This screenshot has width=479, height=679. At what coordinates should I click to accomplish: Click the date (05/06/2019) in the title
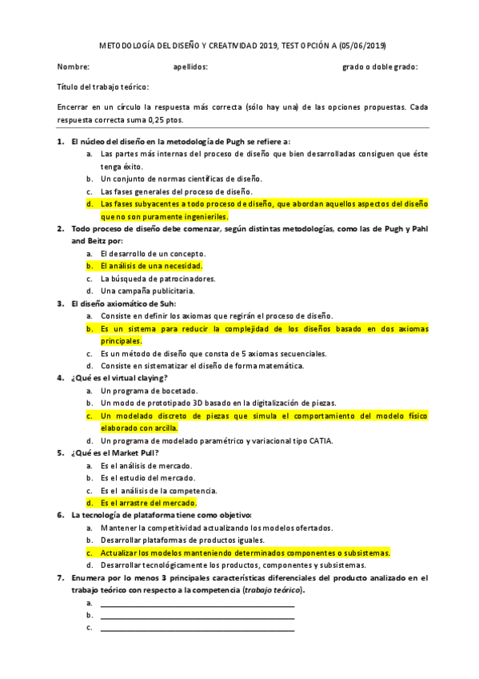[x=367, y=46]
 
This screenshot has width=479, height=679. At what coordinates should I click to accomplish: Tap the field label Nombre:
[x=73, y=67]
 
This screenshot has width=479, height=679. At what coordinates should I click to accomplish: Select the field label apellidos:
[x=190, y=67]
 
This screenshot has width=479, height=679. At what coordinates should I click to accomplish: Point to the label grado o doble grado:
[x=380, y=67]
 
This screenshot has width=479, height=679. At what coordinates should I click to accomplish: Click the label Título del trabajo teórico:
[x=103, y=87]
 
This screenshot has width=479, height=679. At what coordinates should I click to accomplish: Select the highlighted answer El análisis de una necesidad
[x=151, y=266]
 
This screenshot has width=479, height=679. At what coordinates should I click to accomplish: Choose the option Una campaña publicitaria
[x=147, y=291]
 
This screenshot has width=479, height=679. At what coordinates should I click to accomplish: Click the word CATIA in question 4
[x=321, y=440]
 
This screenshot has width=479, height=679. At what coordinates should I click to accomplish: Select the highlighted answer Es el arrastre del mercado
[x=148, y=503]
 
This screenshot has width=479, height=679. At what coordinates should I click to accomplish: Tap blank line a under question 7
[x=197, y=603]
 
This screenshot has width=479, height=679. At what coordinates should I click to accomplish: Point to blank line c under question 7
[x=197, y=628]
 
